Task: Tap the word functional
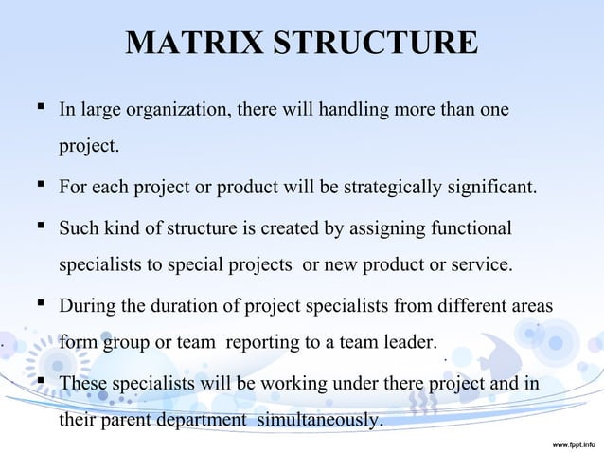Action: (x=471, y=228)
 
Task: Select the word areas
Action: (x=530, y=306)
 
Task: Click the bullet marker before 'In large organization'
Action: (x=41, y=110)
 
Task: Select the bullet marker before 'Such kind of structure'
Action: (x=41, y=227)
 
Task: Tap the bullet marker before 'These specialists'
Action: (x=41, y=382)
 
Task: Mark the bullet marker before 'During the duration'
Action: (x=41, y=305)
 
